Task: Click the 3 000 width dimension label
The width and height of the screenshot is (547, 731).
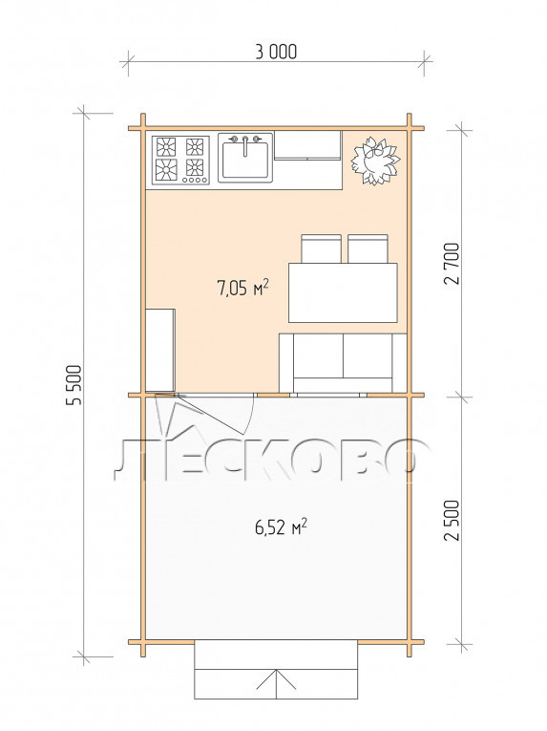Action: (276, 52)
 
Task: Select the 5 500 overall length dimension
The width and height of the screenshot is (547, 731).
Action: (74, 385)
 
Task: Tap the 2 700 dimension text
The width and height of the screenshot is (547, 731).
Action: (452, 264)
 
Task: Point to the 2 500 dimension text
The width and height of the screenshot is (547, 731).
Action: (452, 520)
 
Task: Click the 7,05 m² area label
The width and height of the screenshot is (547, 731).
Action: (242, 288)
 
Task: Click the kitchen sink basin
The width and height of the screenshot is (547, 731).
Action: (245, 160)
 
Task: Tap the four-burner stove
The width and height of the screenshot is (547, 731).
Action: (180, 160)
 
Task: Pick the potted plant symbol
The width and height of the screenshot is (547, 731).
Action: (374, 161)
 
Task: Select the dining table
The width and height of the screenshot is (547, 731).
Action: (343, 292)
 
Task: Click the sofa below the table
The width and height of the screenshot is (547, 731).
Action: (343, 363)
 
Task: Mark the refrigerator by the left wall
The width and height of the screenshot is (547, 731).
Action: (160, 350)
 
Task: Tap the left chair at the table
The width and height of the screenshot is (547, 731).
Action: (321, 249)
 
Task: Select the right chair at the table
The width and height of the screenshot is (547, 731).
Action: (368, 249)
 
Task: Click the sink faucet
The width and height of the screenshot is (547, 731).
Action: (245, 143)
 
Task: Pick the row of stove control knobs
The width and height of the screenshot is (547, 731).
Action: (195, 180)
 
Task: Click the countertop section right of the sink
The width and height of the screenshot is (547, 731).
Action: (307, 145)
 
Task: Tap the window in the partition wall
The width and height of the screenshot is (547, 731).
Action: (328, 395)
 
